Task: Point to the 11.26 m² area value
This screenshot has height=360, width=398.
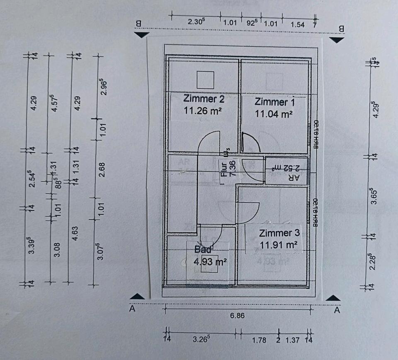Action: (204, 111)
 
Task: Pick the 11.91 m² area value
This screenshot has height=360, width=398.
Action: (279, 245)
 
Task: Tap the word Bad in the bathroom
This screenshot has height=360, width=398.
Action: (203, 250)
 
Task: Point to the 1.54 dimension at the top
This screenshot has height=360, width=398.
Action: (297, 24)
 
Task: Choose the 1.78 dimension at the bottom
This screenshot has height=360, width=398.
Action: (259, 341)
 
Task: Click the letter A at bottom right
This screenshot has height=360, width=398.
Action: (337, 309)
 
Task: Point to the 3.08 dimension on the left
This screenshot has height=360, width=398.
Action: (58, 249)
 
